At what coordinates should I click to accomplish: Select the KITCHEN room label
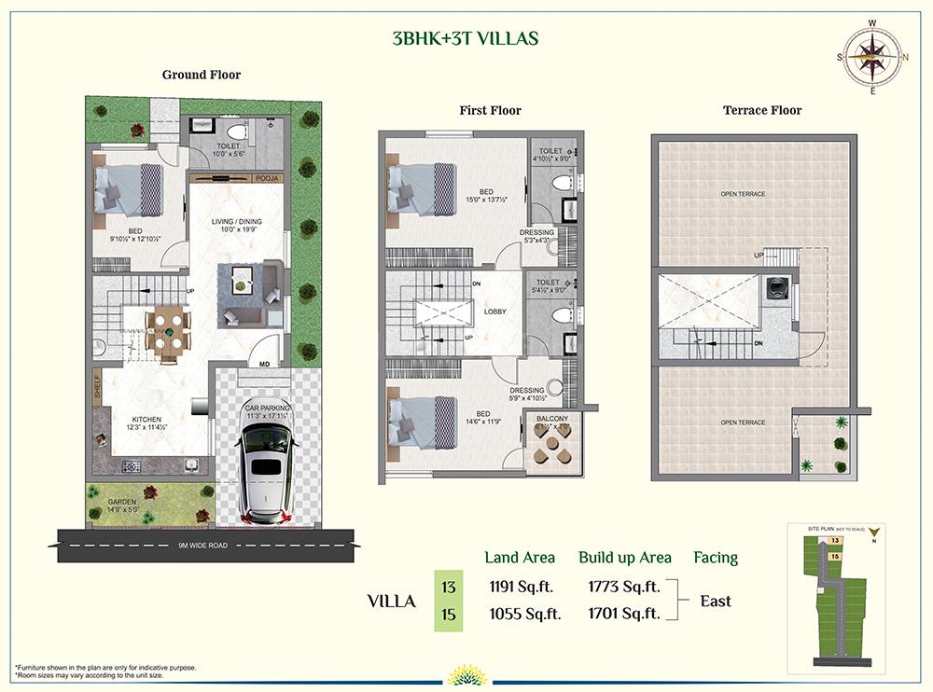click(x=146, y=420)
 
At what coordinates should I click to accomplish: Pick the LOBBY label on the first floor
click(x=494, y=311)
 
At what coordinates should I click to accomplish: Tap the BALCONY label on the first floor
click(x=551, y=419)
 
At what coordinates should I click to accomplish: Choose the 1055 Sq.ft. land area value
click(x=525, y=614)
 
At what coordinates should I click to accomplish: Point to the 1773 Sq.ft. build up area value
click(x=624, y=587)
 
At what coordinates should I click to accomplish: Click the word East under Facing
click(x=716, y=601)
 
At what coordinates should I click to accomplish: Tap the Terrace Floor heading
click(x=761, y=110)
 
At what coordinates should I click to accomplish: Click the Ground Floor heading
click(x=202, y=75)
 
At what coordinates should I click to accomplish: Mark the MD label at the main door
click(x=264, y=364)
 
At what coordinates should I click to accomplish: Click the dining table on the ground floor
click(x=169, y=331)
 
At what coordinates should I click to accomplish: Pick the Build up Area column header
click(x=624, y=558)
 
